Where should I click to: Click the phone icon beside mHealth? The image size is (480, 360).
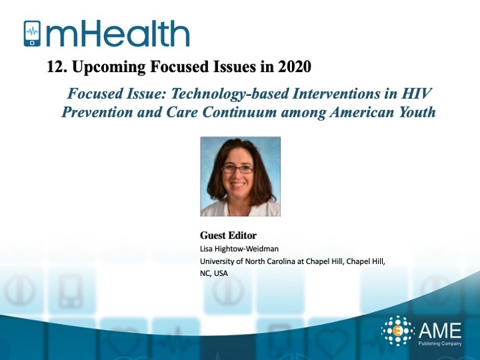pyautogui.click(x=32, y=34)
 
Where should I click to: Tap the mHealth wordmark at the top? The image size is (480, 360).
pyautogui.click(x=118, y=34)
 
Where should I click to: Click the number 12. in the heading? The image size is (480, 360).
pyautogui.click(x=57, y=67)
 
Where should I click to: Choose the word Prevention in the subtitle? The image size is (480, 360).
pyautogui.click(x=97, y=112)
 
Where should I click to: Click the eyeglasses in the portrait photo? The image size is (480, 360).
pyautogui.click(x=238, y=169)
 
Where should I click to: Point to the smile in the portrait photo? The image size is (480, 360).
pyautogui.click(x=238, y=185)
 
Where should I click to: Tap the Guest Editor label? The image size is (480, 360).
pyautogui.click(x=229, y=235)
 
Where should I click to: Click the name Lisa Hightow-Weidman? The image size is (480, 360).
pyautogui.click(x=239, y=249)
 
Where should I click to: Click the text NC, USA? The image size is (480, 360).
pyautogui.click(x=214, y=273)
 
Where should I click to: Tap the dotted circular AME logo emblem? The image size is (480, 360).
pyautogui.click(x=397, y=331)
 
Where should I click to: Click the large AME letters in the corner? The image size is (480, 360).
pyautogui.click(x=440, y=330)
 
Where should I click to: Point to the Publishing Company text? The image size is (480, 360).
pyautogui.click(x=440, y=343)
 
